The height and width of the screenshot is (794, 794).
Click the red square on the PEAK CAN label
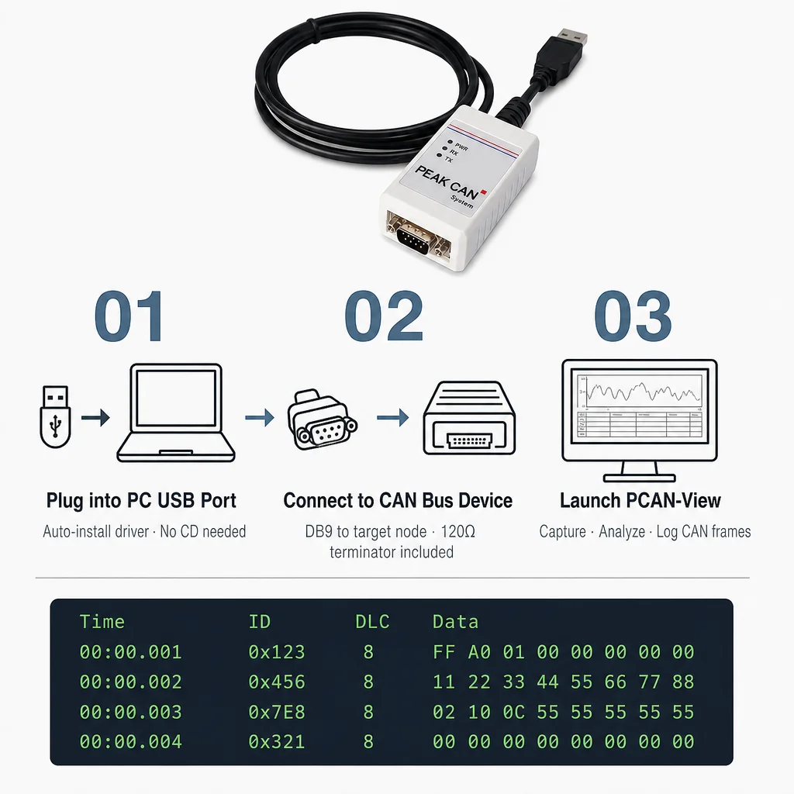point(484,192)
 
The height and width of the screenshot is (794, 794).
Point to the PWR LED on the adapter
point(449,142)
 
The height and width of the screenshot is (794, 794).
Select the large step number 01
point(129,316)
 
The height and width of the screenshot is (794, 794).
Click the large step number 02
point(384,316)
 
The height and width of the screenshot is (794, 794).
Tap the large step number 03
point(633,316)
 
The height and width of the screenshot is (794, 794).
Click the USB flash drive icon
point(55,416)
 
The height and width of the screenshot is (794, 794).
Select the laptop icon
point(176,413)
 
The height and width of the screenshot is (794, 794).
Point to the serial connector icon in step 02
point(322,419)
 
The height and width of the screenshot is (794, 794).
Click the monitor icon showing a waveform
point(640,420)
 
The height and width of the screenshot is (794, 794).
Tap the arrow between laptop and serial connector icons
point(260,418)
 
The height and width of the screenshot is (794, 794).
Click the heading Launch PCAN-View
point(640,500)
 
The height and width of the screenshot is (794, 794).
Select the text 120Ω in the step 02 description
point(457,532)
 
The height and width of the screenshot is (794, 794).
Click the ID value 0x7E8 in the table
point(277,712)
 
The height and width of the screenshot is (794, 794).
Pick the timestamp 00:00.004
point(130,742)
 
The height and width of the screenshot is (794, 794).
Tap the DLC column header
point(372,622)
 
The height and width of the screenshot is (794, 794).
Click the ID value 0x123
point(277,651)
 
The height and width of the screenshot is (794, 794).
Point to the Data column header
point(455,622)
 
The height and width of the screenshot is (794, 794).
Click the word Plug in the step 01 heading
point(65,501)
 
